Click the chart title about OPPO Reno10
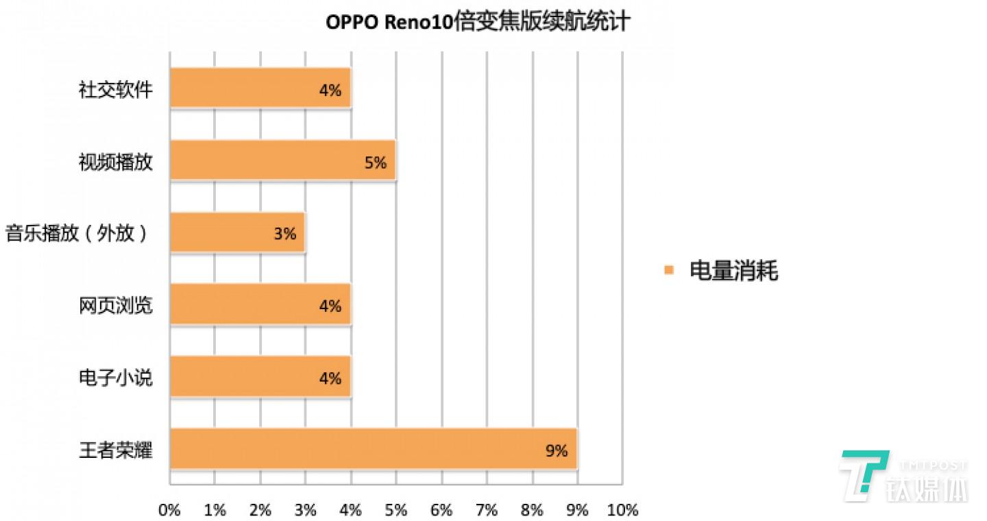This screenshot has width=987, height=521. tap(477, 23)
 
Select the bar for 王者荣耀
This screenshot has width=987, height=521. tap(374, 449)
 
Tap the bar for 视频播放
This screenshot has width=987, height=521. tap(282, 160)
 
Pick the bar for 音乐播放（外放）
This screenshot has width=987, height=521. tap(237, 232)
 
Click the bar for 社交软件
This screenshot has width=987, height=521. tap(260, 88)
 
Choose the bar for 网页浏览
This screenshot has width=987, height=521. tap(260, 304)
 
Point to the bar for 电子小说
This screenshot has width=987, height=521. tap(260, 376)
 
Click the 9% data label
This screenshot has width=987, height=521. tap(557, 450)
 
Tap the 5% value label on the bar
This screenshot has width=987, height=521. tap(376, 162)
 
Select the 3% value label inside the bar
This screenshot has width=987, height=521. tap(284, 234)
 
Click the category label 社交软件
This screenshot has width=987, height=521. tap(115, 89)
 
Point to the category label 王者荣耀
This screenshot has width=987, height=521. tap(115, 450)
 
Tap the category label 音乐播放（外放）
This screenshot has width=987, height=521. tap(77, 234)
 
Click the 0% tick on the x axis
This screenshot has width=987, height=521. tap(169, 510)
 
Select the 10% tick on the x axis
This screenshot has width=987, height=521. tap(622, 510)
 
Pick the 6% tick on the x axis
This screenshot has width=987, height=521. tap(441, 510)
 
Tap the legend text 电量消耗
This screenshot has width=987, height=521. tap(733, 271)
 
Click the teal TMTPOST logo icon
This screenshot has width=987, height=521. tap(863, 472)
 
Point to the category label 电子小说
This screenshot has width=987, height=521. tap(115, 378)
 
